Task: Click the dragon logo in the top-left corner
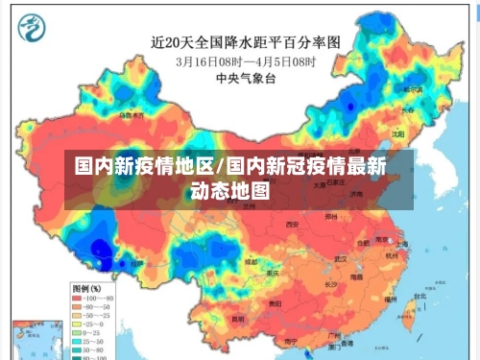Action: [x=35, y=28]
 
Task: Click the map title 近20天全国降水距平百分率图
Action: [x=246, y=42]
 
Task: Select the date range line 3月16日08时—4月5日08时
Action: [x=246, y=60]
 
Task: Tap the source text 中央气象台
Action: [x=245, y=78]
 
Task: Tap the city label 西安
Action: [x=292, y=225]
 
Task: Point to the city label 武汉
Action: [x=341, y=259]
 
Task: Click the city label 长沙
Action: [x=329, y=285]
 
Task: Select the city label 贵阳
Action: [x=276, y=303]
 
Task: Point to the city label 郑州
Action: [x=331, y=217]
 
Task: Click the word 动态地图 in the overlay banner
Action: [x=231, y=190]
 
